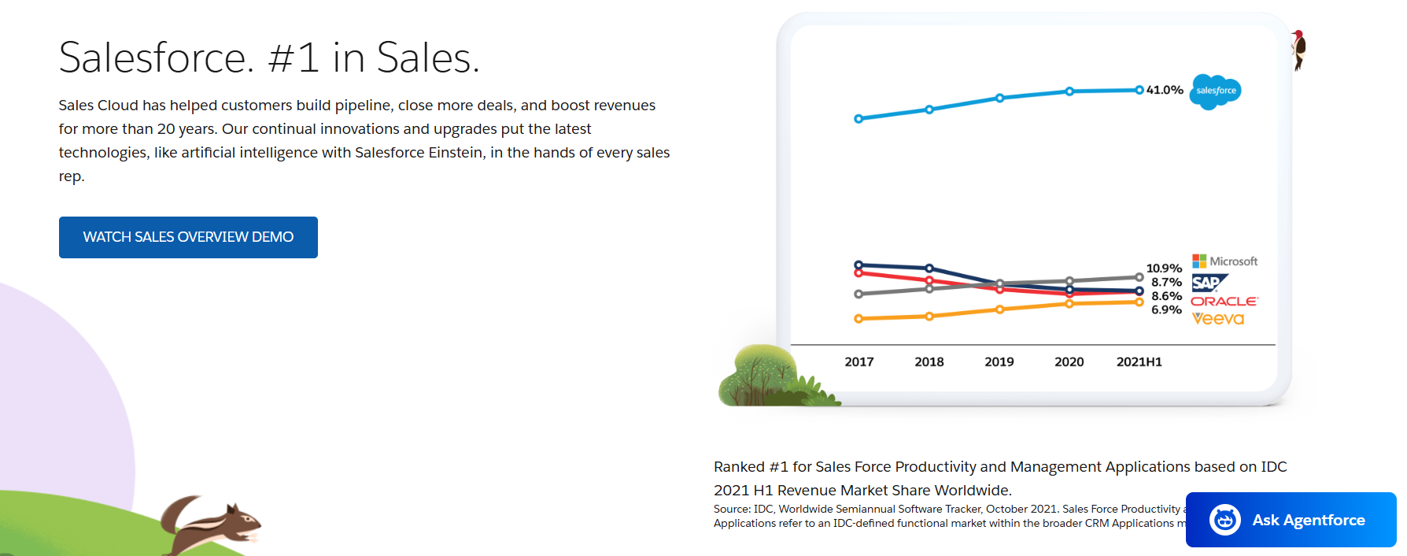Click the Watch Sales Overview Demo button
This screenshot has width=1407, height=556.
click(188, 237)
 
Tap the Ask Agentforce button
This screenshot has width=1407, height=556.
click(1291, 520)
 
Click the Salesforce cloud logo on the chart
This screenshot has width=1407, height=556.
click(1216, 91)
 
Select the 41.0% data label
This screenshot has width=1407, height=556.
click(1165, 90)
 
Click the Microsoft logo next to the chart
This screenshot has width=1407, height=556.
click(1224, 261)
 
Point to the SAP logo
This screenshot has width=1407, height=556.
click(1209, 283)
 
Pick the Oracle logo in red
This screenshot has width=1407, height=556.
click(1224, 302)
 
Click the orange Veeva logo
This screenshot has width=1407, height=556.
click(1218, 319)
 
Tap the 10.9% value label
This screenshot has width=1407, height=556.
click(1164, 269)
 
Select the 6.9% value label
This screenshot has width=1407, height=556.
click(1166, 310)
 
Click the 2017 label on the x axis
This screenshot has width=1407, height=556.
click(859, 362)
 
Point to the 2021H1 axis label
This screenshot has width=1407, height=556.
click(1139, 362)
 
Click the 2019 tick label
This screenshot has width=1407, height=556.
click(999, 362)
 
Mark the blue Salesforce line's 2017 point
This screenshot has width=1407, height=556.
click(859, 119)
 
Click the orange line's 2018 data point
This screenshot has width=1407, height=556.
click(929, 317)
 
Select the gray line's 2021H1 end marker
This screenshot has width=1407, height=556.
click(1139, 277)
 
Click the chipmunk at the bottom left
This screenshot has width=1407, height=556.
click(212, 524)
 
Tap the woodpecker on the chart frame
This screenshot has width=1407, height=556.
click(1298, 49)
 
